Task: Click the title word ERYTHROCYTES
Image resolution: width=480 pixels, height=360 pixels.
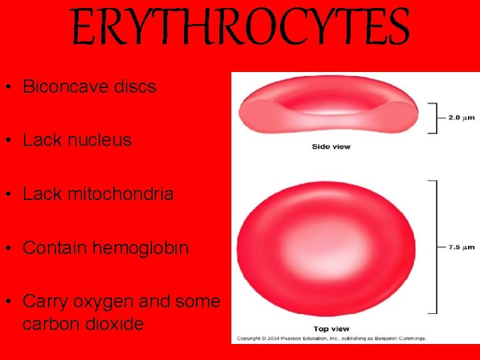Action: [239, 27]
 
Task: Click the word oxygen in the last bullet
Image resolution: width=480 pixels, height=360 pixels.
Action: [103, 302]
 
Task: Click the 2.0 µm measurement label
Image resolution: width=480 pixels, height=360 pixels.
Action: [461, 117]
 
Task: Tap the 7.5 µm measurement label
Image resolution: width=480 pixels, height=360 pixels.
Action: [461, 246]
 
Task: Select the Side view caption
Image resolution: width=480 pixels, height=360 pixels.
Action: [331, 147]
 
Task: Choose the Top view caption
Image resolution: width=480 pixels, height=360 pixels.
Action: [331, 329]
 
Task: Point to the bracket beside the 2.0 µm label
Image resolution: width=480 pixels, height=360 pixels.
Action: [433, 117]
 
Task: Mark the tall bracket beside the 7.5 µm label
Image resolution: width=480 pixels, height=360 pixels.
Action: [434, 246]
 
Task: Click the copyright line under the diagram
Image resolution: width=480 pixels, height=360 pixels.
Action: [331, 339]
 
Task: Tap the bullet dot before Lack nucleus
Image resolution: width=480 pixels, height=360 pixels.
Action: [12, 141]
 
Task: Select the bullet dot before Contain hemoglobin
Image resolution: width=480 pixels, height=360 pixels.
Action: [12, 249]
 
